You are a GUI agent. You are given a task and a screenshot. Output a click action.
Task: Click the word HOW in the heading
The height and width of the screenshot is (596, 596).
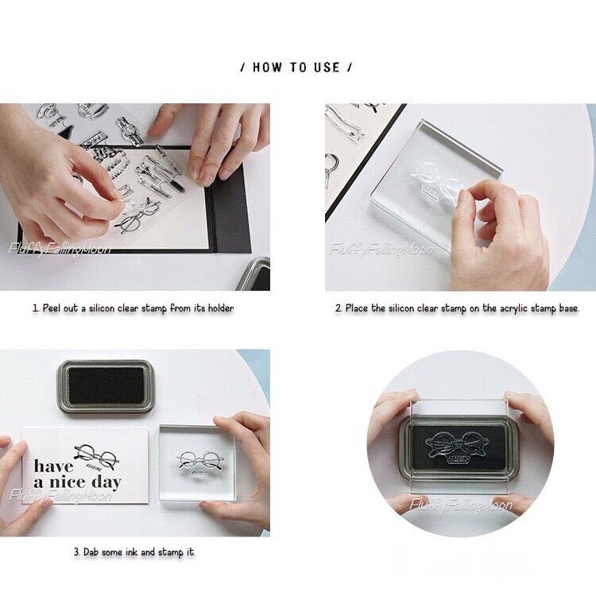pyautogui.click(x=268, y=68)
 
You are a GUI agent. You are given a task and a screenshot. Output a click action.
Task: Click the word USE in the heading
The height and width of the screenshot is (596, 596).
pyautogui.click(x=327, y=68)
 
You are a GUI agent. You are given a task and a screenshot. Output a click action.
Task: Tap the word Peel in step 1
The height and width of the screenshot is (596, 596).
pyautogui.click(x=52, y=308)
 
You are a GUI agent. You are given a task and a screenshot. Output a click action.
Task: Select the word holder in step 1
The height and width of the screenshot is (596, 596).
pyautogui.click(x=221, y=308)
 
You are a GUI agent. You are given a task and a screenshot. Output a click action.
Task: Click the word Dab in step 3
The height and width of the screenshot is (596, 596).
pyautogui.click(x=91, y=551)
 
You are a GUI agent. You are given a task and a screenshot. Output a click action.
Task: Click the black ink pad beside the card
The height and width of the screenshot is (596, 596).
pyautogui.click(x=106, y=388)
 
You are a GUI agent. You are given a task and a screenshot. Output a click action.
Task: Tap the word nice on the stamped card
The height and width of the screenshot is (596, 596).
pyautogui.click(x=68, y=482)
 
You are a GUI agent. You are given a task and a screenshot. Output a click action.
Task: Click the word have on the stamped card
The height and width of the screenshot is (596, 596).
pyautogui.click(x=53, y=466)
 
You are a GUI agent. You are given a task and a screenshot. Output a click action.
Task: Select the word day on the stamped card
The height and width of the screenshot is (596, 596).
pyautogui.click(x=106, y=483)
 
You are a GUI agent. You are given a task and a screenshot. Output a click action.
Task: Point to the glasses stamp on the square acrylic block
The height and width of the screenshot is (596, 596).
pyautogui.click(x=200, y=462)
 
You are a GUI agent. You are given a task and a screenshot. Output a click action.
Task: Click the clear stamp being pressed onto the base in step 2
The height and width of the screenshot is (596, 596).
pyautogui.click(x=437, y=180)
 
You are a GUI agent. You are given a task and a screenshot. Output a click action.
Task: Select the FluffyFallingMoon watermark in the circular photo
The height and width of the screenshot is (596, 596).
pyautogui.click(x=461, y=505)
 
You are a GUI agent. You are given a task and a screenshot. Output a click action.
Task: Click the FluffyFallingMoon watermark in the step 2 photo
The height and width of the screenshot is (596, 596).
pyautogui.click(x=381, y=250)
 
